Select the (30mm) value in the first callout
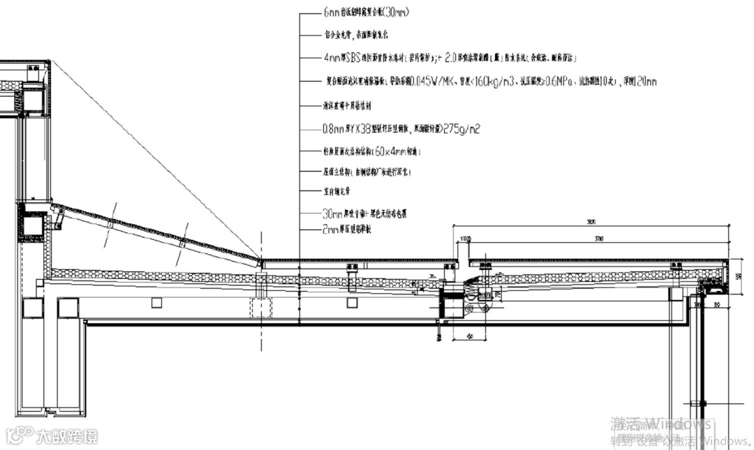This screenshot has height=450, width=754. [395, 13]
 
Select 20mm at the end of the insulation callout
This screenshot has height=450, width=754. [646, 82]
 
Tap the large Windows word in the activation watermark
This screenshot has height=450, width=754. [677, 423]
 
